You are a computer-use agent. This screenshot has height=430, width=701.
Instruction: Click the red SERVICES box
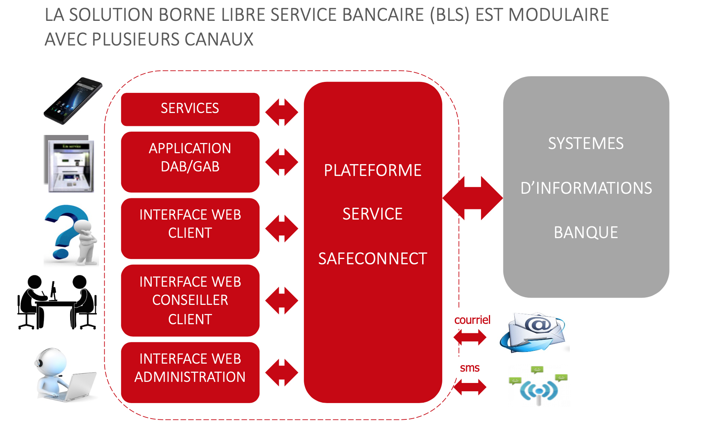pos(190,109)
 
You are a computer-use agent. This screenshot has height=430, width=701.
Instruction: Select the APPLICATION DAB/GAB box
pos(190,162)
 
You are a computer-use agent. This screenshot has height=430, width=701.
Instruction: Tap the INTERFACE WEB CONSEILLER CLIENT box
pos(190,300)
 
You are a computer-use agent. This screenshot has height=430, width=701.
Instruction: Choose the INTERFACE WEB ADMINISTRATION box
pos(190,372)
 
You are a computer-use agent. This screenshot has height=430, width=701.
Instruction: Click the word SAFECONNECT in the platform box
pos(373,259)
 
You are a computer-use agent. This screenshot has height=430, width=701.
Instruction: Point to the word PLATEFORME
pos(373,170)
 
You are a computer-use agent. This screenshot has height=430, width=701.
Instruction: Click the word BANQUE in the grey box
pos(586,232)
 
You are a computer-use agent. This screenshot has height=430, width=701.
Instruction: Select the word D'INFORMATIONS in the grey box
pos(586,188)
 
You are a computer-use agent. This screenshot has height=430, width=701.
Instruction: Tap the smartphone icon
pos(73,101)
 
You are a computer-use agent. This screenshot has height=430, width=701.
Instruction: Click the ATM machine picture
pos(69,164)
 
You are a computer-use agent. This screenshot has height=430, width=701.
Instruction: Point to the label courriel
pos(472,320)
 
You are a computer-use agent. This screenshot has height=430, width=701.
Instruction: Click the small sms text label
pos(470,368)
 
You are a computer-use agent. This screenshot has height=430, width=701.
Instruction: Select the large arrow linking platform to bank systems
pos(473,198)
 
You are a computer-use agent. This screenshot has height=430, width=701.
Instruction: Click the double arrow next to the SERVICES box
pos(282,112)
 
